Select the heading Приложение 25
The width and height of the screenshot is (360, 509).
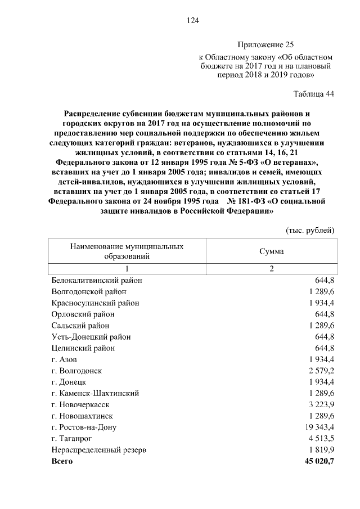266,44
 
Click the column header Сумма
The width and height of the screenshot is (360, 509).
271,251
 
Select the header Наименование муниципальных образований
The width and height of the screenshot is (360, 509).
127,251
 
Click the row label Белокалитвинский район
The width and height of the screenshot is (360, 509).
96,280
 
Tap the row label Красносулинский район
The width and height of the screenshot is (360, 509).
95,303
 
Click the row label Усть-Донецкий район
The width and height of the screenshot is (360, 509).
91,337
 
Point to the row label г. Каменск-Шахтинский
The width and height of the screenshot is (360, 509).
95,393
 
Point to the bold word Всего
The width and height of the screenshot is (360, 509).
62,462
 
